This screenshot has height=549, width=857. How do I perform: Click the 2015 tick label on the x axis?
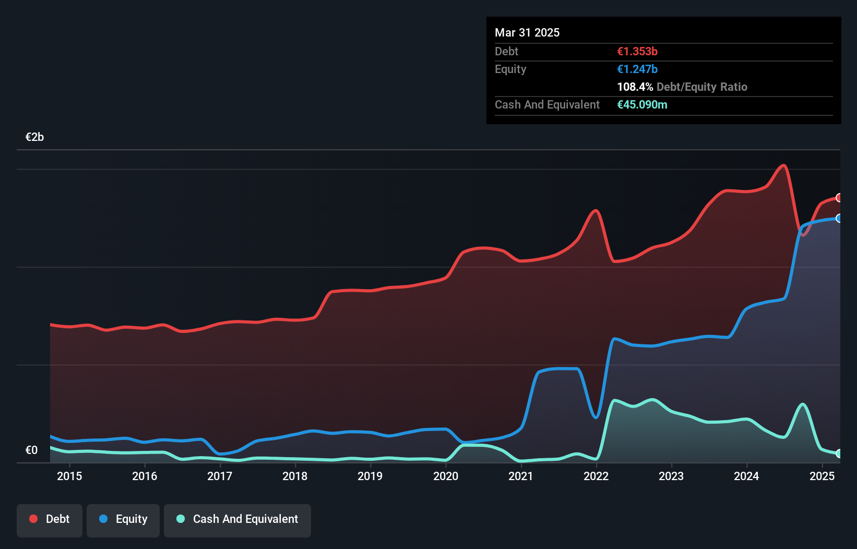point(69,476)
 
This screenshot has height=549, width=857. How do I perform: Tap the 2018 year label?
point(295,476)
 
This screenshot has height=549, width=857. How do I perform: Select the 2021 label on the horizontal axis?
point(521,476)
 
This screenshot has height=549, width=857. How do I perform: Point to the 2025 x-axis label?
point(822,476)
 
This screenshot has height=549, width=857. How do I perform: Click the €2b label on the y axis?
point(34,137)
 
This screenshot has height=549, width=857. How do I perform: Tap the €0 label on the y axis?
point(31,450)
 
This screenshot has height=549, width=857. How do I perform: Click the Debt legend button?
point(50,519)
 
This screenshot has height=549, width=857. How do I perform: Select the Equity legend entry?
point(123,519)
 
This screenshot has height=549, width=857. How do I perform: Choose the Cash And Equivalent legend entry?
point(237,519)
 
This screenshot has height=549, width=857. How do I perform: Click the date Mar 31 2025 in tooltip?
point(527,33)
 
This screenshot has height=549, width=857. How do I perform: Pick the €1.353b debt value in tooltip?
point(637,52)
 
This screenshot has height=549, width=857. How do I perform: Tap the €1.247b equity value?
point(637,69)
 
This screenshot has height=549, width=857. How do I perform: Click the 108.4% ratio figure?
point(635,87)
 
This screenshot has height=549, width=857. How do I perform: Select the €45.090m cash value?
point(642,105)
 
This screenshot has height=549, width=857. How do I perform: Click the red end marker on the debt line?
point(839,198)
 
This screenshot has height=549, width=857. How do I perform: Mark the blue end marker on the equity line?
point(839,218)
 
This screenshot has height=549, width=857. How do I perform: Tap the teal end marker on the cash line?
point(839,453)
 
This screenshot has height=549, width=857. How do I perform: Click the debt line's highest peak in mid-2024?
point(783,166)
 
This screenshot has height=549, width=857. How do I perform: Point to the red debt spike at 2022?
point(596,211)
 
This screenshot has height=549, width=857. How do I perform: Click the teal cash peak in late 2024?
point(803,404)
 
